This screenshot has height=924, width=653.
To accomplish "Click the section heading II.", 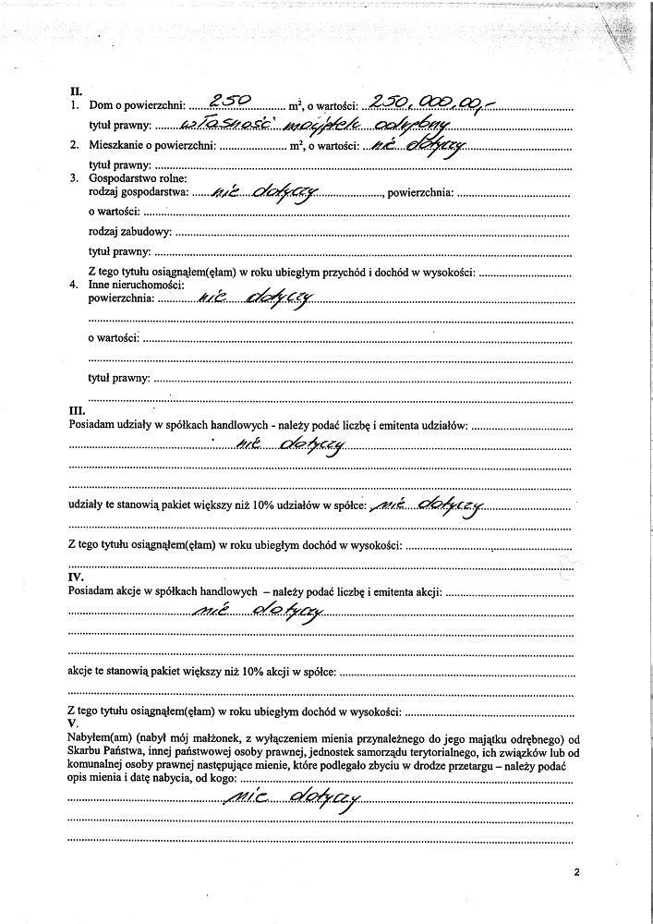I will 76,91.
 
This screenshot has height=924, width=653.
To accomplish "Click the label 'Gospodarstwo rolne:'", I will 138,177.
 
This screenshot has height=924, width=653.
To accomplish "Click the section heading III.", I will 78,409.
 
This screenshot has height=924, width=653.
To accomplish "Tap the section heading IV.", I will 78,577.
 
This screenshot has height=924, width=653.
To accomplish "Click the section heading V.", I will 73,722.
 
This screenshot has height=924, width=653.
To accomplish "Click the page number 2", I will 574,871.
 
